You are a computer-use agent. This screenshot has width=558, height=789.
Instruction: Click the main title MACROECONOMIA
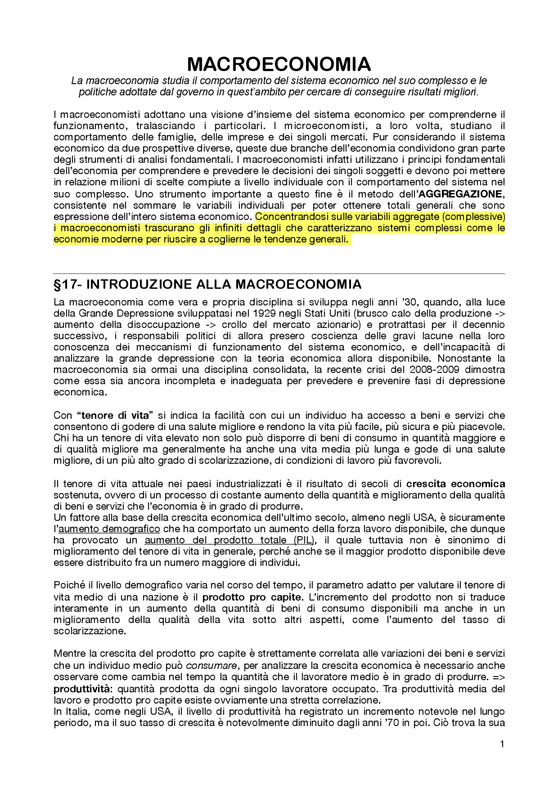[x=279, y=64]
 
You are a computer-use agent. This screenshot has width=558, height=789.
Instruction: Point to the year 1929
[x=263, y=313]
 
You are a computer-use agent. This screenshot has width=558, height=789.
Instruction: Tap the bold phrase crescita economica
[x=456, y=484]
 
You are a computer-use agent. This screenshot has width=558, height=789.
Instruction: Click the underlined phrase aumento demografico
[x=109, y=529]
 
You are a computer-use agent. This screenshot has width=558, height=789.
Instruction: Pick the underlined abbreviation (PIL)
[x=304, y=540]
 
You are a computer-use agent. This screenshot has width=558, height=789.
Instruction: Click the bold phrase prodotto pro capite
[x=252, y=597]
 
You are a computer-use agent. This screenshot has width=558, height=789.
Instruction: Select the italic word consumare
[x=211, y=666]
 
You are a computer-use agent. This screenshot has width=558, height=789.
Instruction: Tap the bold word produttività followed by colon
[x=83, y=689]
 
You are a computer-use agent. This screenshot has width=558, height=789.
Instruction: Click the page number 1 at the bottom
[x=502, y=744]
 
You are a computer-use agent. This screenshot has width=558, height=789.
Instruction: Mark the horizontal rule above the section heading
[x=279, y=274]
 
